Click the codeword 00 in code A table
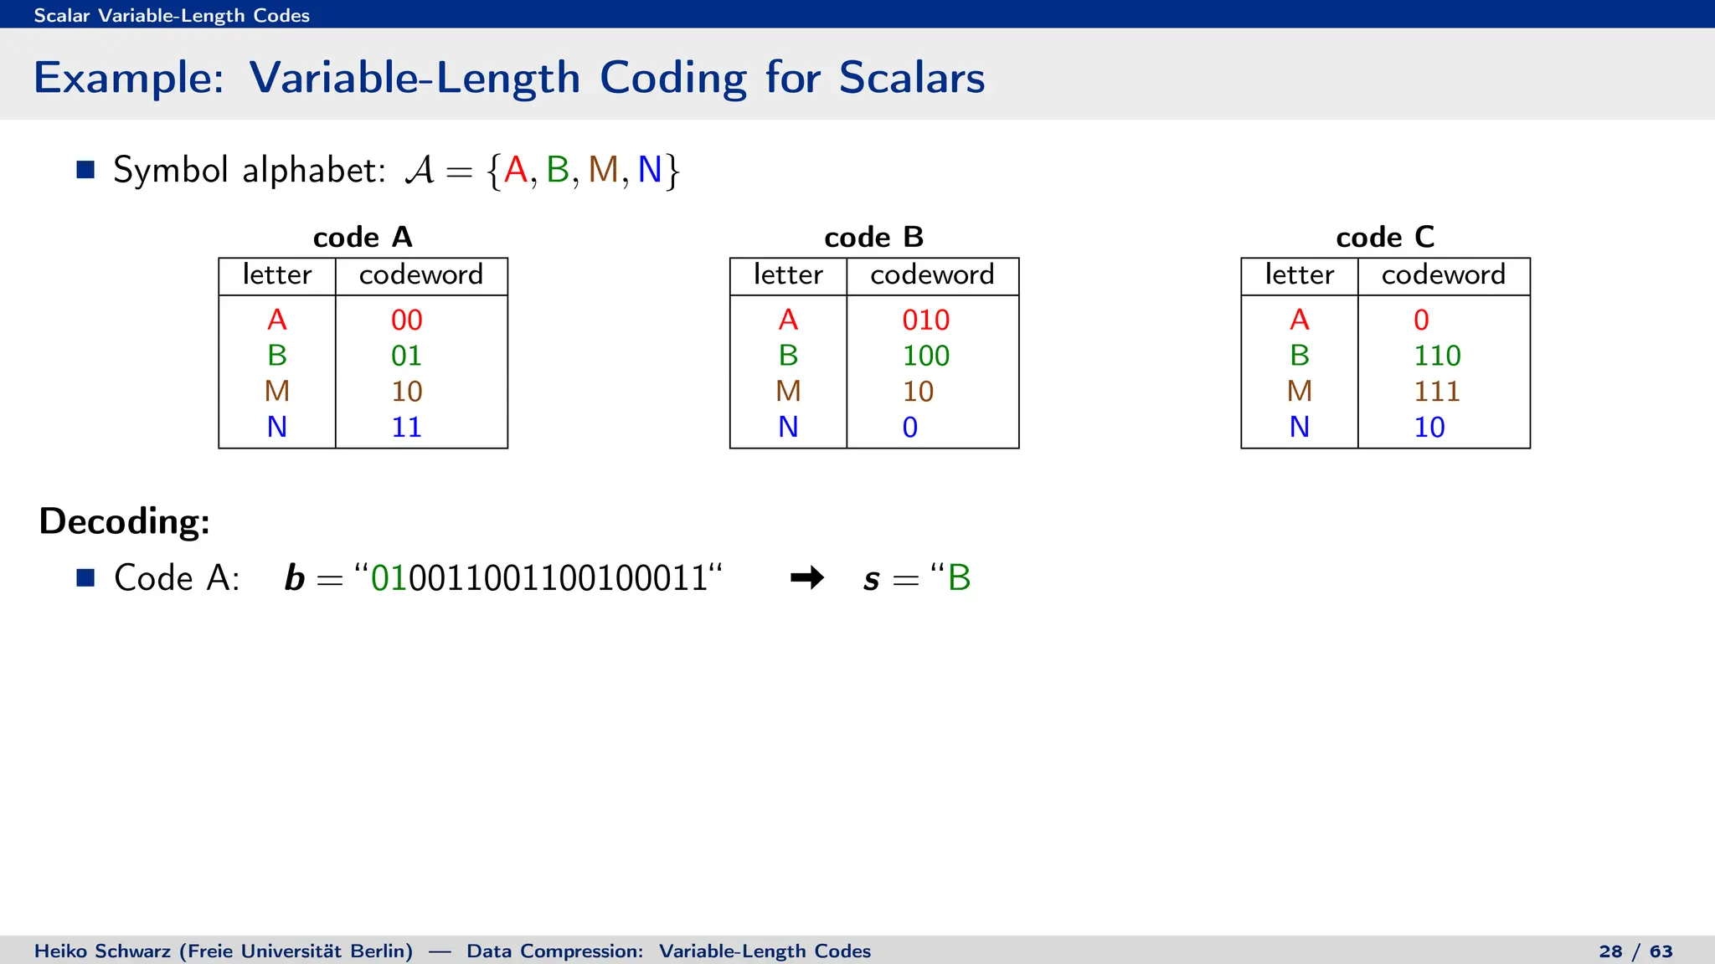pos(406,320)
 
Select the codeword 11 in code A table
pos(406,427)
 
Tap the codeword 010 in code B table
pos(925,320)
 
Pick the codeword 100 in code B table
pos(925,356)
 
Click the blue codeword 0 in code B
pos(910,427)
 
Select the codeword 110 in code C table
pos(1437,356)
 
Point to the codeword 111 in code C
pos(1437,391)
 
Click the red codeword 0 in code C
pos(1421,320)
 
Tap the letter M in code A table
pos(277,391)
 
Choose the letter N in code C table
pos(1299,427)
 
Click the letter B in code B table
pos(788,356)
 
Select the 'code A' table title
pos(363,237)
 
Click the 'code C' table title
pos(1385,237)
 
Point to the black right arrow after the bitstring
pos(807,577)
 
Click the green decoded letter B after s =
pos(959,577)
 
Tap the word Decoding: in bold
pos(125,520)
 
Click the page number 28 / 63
pos(1635,951)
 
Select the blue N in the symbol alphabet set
pos(650,170)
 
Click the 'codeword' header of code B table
pos(932,274)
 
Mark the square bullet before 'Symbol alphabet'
pos(85,170)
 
